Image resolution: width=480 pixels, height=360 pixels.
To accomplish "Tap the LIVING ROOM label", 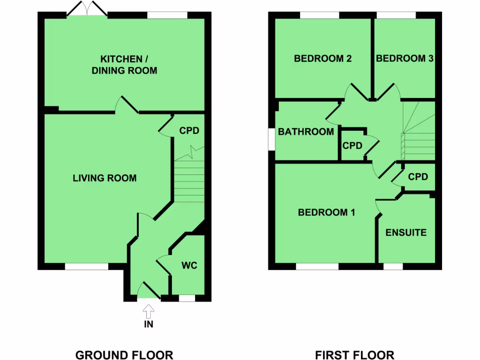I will pos(105,178).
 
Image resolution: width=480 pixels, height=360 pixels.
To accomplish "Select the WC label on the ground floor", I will pos(189,266).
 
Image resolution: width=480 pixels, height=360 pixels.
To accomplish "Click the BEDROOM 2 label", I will pos(322,59).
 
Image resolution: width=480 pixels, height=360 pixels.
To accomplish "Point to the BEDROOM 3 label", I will pos(405,59).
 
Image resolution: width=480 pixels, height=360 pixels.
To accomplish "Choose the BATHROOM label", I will pos(306,132).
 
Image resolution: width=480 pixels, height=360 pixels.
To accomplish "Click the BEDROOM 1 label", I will pos(326,212).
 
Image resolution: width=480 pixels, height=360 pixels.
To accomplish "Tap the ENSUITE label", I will pos(406,232).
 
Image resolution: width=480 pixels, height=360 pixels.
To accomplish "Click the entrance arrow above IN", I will pos(148,310).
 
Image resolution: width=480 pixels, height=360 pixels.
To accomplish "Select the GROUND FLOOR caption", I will pos(124,355).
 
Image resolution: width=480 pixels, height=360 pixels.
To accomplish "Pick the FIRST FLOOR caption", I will pos(354,355).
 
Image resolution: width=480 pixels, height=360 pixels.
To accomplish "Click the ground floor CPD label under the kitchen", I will pos(189,131).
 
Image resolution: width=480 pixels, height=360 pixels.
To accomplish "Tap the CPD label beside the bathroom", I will pos(352,146).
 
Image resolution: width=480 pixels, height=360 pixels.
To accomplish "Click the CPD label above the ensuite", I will pos(418,177).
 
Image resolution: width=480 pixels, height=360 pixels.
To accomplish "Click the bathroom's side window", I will pos(271,139).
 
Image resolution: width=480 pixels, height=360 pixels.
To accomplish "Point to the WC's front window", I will pos(187,298).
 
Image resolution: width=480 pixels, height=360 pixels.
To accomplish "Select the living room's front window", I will pos(86,266).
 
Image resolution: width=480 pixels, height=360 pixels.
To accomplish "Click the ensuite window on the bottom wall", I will pos(393,266).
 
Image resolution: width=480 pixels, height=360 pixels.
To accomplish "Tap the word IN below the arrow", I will pos(148,324).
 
